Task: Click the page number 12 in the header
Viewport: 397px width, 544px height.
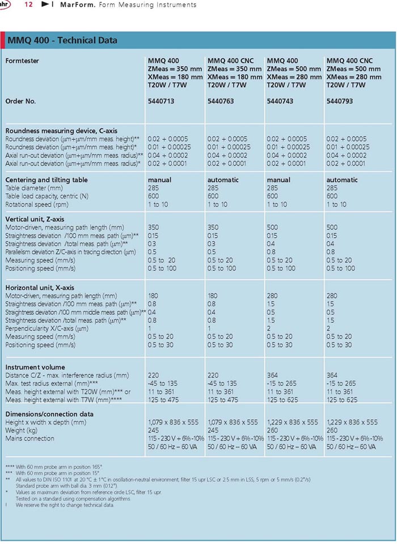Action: [x=28, y=5]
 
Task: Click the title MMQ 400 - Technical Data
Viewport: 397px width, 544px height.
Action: [x=62, y=40]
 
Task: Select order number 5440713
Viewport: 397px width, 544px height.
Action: [x=161, y=101]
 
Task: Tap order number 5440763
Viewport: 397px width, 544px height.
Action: [x=221, y=101]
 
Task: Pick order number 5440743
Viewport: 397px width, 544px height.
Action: [x=280, y=101]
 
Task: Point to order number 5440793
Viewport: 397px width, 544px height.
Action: [x=339, y=101]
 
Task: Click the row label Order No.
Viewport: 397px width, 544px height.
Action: [x=20, y=101]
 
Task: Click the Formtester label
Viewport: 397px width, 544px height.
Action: [x=22, y=61]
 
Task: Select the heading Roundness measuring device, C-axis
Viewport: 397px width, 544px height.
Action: [x=61, y=131]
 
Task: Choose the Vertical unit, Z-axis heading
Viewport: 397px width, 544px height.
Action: [x=35, y=219]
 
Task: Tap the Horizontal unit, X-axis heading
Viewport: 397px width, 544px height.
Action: [x=40, y=288]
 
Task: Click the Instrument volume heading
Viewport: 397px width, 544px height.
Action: [x=35, y=367]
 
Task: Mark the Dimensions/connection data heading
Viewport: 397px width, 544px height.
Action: [x=49, y=414]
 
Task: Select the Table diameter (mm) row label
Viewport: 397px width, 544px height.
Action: [x=34, y=188]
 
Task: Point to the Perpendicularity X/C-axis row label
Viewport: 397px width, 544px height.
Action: [x=47, y=328]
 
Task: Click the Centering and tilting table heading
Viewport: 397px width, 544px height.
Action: [x=47, y=179]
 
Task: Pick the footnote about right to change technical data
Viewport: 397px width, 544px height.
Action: [x=65, y=505]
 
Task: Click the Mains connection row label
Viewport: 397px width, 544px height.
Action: [x=29, y=439]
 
